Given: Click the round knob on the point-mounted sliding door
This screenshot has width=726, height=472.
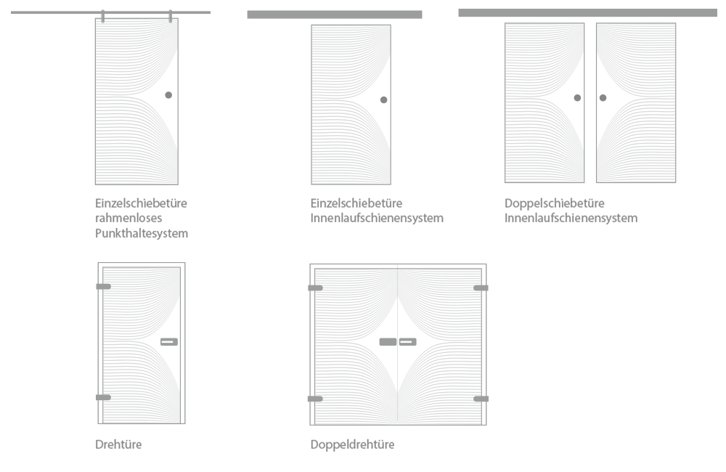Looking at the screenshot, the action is tap(168, 95).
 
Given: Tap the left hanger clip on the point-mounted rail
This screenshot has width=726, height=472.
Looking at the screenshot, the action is tap(103, 16).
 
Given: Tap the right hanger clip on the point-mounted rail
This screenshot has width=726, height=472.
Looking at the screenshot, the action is tap(171, 16).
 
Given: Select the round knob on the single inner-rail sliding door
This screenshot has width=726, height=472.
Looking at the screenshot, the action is tap(383, 99).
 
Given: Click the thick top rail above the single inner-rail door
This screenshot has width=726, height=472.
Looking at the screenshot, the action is tap(334, 15).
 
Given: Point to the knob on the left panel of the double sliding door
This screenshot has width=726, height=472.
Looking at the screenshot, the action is tap(577, 98).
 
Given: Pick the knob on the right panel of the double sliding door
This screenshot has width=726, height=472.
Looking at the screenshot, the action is tap(603, 98).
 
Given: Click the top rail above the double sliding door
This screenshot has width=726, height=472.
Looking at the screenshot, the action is tap(587, 12).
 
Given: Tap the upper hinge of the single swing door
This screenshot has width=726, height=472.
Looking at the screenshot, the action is tap(103, 287).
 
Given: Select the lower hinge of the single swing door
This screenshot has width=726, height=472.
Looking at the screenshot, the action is tap(103, 397).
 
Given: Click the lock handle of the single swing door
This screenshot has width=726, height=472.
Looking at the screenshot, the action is tap(169, 342).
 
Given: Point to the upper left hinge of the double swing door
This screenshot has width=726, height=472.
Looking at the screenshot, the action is tap(315, 288).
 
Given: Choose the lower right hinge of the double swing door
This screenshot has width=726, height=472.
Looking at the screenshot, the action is tap(481, 399).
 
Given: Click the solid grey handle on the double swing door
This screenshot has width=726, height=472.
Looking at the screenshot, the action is tap(388, 342).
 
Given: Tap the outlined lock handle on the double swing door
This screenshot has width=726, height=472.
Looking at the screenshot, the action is tap(407, 342).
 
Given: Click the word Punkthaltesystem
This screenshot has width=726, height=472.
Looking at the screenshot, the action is tap(142, 233).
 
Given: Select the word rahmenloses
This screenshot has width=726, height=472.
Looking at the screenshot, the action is tap(129, 218).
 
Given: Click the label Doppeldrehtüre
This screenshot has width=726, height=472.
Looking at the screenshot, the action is tap(352, 444).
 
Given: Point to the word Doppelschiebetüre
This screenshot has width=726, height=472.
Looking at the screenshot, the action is tap(555, 203).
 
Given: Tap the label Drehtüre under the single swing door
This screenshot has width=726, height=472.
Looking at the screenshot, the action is tap(118, 444).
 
